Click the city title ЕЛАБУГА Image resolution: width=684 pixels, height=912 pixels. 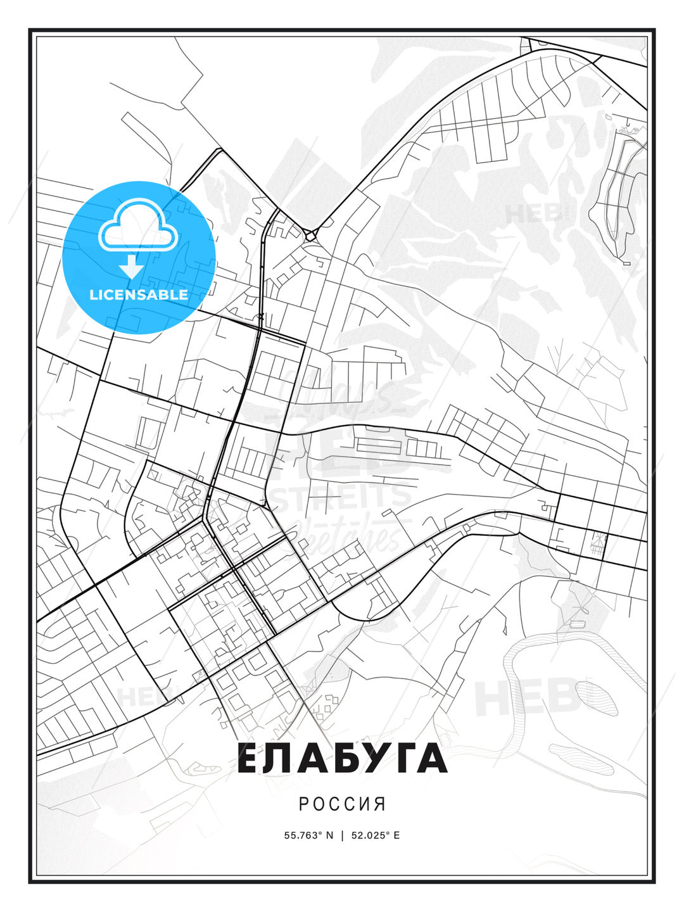(x=342, y=759)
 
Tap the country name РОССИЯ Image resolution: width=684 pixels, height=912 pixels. (x=342, y=804)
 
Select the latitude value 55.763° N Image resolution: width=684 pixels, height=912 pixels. (x=308, y=835)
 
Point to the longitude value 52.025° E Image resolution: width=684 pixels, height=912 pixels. (x=375, y=835)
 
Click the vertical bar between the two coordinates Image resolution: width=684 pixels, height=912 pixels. (x=342, y=835)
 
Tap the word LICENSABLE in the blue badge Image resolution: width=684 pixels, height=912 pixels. (x=139, y=294)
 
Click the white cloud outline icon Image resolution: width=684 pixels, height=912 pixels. (x=139, y=225)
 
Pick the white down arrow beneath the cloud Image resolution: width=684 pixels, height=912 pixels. (x=132, y=266)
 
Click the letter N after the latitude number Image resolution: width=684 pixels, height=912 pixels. (x=329, y=835)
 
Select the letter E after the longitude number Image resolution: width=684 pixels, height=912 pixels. (x=396, y=835)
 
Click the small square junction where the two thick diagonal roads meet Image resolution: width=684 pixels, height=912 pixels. (x=310, y=236)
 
